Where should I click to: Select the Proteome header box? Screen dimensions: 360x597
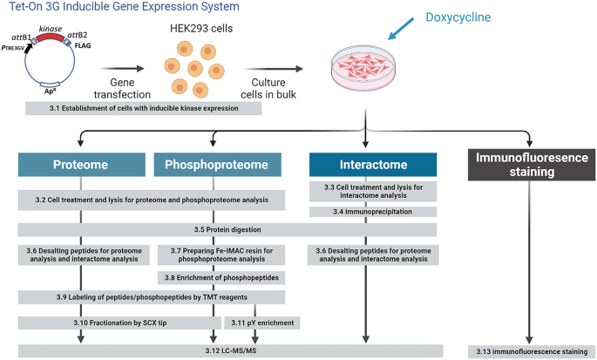click(x=80, y=165)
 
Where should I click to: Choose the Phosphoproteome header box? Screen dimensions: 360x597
click(x=217, y=165)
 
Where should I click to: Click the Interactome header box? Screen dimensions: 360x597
click(x=372, y=165)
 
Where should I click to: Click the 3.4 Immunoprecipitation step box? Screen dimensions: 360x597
click(x=372, y=211)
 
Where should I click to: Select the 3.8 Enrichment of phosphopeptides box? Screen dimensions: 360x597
click(x=217, y=277)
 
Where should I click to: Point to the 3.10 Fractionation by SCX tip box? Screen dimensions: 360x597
click(x=114, y=323)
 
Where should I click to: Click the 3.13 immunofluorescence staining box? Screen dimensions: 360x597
click(x=528, y=350)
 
